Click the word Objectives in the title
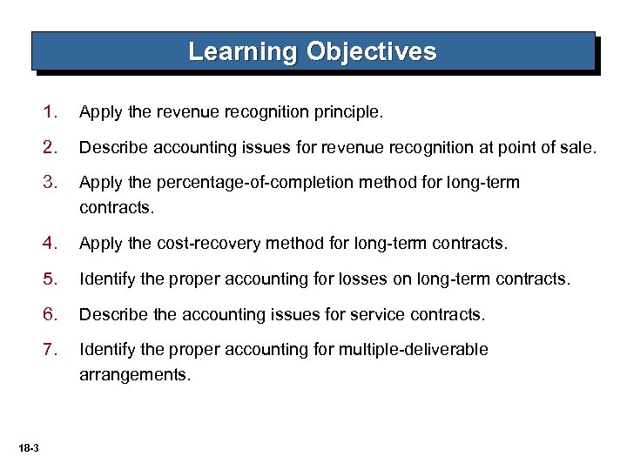click(x=372, y=51)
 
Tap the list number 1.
click(x=51, y=112)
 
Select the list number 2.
click(x=51, y=148)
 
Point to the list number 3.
click(x=51, y=183)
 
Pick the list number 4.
click(x=51, y=244)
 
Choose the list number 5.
click(x=51, y=279)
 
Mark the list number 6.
click(x=51, y=314)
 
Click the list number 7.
click(x=51, y=350)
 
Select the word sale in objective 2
click(x=578, y=149)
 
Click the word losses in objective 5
click(x=399, y=280)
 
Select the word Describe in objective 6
click(x=112, y=315)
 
